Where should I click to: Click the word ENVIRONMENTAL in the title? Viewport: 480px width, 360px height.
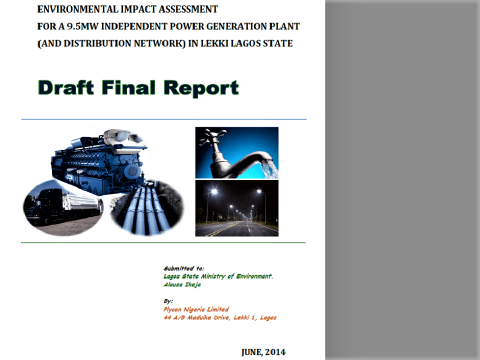(78, 9)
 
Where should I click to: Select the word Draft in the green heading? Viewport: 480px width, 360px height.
(66, 88)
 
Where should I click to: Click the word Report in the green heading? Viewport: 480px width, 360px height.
(201, 88)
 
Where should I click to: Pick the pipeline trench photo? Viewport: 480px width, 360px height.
(147, 207)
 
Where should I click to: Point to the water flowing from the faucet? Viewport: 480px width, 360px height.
(270, 168)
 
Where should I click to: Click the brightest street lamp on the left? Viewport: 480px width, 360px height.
(214, 192)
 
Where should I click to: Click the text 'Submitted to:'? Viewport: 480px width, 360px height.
(184, 268)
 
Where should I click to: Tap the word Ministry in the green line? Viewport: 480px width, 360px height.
(213, 276)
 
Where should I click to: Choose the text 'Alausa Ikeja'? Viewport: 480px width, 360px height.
(182, 284)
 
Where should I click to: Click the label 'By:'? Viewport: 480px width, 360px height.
(168, 301)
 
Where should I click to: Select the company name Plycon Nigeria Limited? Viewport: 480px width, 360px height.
(196, 309)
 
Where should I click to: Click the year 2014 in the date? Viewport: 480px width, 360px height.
(275, 352)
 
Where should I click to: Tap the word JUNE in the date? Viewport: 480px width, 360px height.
(251, 352)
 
